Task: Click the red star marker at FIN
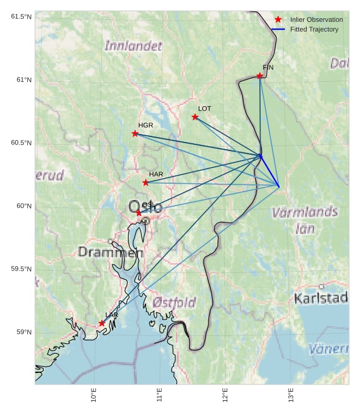[259, 76]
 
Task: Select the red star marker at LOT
[195, 117]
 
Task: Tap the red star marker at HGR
[135, 133]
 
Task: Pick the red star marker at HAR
[145, 183]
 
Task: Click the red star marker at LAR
[102, 323]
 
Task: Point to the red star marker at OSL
[139, 213]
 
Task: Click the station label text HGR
[145, 125]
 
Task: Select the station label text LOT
[205, 109]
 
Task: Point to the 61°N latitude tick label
[21, 80]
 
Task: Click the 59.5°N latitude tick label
[21, 269]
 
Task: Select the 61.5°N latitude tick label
[21, 16]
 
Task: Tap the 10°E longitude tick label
[94, 395]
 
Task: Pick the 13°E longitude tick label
[291, 395]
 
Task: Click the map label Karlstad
[321, 298]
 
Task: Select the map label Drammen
[110, 252]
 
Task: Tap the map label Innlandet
[133, 45]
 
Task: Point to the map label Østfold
[175, 302]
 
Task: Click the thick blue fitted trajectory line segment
[270, 171]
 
